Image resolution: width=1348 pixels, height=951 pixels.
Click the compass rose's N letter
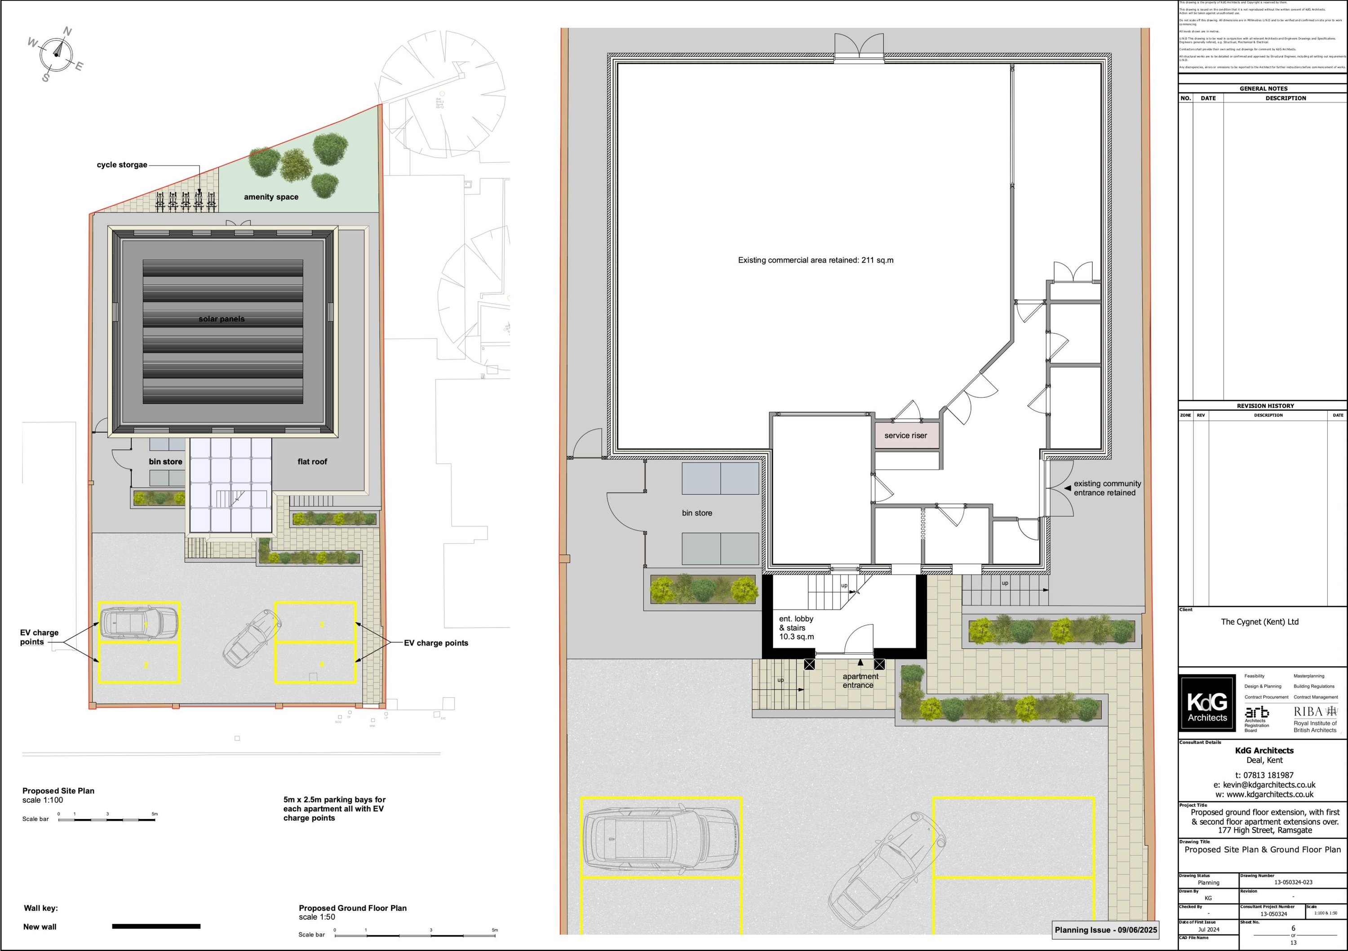coord(67,32)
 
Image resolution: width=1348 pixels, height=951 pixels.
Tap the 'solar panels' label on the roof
coord(222,319)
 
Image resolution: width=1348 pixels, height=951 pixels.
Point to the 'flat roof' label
coord(312,461)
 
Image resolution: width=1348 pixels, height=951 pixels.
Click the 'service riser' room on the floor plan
coord(905,436)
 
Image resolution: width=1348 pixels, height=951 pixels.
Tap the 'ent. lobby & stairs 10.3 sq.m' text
coord(796,628)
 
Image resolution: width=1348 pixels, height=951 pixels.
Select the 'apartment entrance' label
coord(860,681)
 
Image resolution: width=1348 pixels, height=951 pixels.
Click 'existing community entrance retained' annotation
coord(1107,488)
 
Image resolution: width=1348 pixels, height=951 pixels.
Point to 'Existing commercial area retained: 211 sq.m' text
coord(816,260)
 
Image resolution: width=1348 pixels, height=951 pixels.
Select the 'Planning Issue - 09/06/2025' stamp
coord(1105,930)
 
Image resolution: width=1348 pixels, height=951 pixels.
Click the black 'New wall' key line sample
coord(156,926)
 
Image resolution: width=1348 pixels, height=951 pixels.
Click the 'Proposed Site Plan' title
coord(58,791)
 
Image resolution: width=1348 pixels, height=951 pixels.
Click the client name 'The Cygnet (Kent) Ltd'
coord(1259,622)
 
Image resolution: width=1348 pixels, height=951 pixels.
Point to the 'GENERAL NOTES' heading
coord(1264,88)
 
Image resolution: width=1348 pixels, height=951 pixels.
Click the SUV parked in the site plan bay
coord(138,621)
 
